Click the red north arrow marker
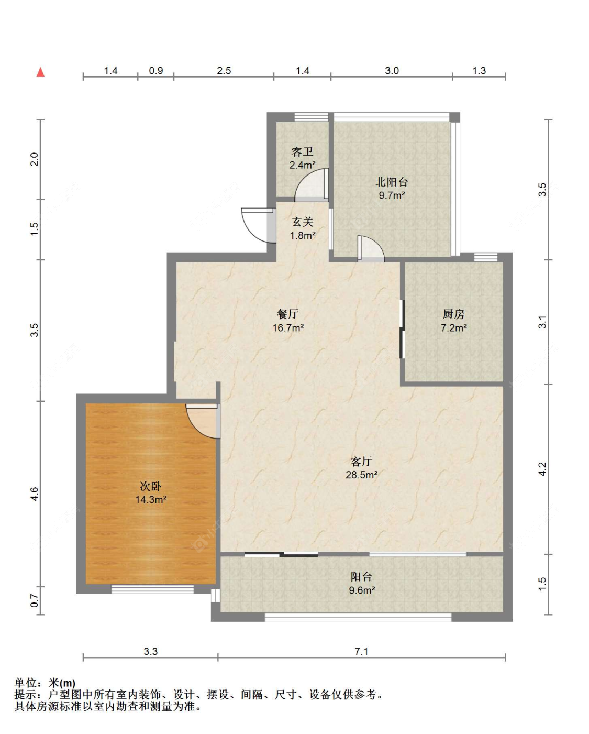(x=40, y=72)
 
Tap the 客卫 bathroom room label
(x=302, y=152)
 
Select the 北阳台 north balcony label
(x=392, y=182)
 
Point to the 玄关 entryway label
(x=303, y=222)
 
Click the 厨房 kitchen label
(x=453, y=314)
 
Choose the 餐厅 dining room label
(x=287, y=314)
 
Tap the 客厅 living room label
(x=361, y=462)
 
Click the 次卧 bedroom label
(x=151, y=486)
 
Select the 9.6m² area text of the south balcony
(x=362, y=590)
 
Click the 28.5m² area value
(x=361, y=475)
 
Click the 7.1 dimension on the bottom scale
(x=361, y=652)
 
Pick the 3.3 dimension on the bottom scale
(x=151, y=652)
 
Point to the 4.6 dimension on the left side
(x=35, y=494)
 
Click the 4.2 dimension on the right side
(x=542, y=469)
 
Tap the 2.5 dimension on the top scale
(x=224, y=71)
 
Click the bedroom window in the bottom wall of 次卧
(x=152, y=589)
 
